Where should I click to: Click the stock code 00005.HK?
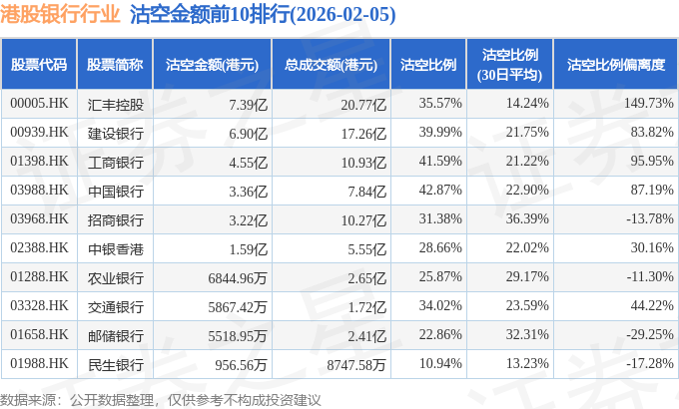click(x=39, y=103)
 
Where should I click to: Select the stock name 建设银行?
click(x=115, y=132)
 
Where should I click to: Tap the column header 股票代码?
click(x=39, y=65)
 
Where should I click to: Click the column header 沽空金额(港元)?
click(x=212, y=65)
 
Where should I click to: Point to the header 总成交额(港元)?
click(x=331, y=65)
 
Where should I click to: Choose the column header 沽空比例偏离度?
click(x=615, y=65)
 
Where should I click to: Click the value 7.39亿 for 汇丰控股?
click(x=249, y=103)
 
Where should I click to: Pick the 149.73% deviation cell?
click(x=648, y=103)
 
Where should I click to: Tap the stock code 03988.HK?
click(x=39, y=190)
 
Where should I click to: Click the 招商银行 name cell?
click(x=115, y=218)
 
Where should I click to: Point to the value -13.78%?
click(x=650, y=218)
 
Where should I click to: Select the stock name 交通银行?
click(x=115, y=305)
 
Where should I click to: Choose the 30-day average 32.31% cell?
click(x=527, y=335)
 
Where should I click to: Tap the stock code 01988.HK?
click(x=39, y=364)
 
